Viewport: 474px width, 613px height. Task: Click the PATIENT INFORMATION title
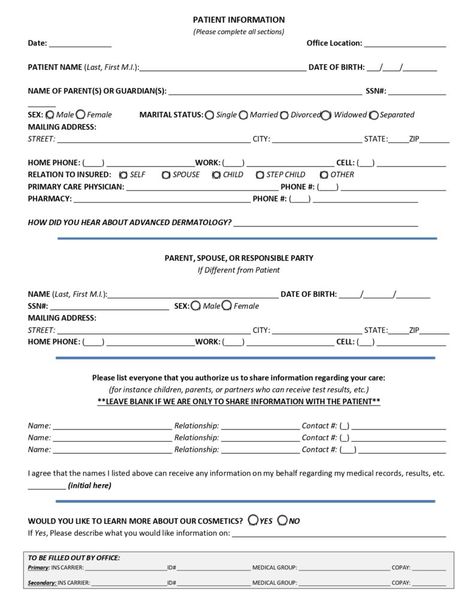(238, 20)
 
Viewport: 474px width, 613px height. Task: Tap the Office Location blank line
(404, 44)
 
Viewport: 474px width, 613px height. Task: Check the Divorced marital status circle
(284, 115)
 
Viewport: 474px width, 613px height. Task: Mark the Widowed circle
(326, 115)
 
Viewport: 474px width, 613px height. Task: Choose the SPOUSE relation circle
(166, 175)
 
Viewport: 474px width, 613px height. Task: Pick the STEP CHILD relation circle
(260, 175)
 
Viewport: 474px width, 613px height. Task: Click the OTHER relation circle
(324, 175)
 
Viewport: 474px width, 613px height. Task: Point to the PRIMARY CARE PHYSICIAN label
(76, 187)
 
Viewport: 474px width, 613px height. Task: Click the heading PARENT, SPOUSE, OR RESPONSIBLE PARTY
(238, 258)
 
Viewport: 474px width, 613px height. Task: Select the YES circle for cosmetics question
(253, 520)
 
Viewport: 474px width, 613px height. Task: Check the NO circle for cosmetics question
(282, 520)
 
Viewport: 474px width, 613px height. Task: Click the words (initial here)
(90, 485)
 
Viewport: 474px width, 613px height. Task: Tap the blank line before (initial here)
(46, 487)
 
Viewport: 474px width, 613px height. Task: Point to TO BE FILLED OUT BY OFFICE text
(74, 558)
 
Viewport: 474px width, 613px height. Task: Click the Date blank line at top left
(80, 44)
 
